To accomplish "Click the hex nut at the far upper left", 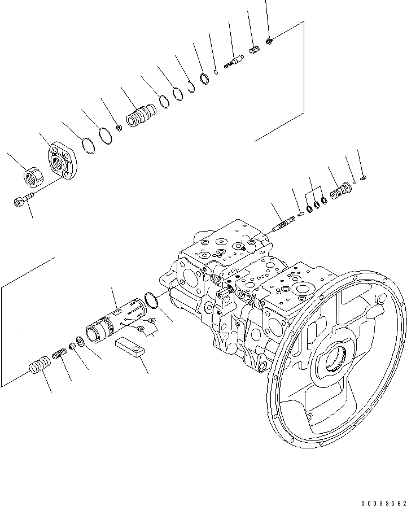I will (x=33, y=177).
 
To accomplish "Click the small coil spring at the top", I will (x=254, y=51).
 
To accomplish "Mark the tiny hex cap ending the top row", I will (x=270, y=40).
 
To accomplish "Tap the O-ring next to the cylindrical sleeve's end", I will (x=151, y=300).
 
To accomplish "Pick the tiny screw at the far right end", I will (x=364, y=178).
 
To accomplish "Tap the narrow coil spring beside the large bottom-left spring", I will (x=60, y=356).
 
